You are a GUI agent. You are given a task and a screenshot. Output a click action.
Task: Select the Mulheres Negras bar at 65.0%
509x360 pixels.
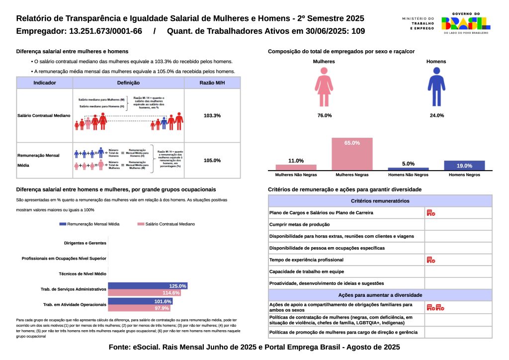(352, 154)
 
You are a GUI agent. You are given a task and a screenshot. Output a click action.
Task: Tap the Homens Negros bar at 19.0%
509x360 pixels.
(464, 166)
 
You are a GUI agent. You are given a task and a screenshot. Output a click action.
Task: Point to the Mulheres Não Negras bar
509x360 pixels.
(296, 167)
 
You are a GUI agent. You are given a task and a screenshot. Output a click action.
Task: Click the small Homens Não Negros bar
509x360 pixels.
(408, 169)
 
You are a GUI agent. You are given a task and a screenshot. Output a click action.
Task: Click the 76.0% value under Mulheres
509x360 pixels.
(324, 115)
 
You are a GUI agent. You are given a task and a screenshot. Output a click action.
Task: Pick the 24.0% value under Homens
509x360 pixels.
(436, 115)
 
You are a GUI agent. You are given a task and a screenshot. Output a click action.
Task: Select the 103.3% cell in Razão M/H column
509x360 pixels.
(212, 115)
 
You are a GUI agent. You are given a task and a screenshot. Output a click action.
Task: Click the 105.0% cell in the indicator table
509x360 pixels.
(212, 161)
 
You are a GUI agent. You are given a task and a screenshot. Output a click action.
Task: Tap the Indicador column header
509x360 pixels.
(44, 83)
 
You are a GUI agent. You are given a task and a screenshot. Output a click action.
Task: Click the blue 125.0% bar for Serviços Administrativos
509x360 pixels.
(148, 286)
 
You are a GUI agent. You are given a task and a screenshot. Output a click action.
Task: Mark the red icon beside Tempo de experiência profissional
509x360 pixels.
(430, 260)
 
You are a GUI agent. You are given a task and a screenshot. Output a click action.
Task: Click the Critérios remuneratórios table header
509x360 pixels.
(380, 201)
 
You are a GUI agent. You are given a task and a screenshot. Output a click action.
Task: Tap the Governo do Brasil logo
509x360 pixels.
(466, 23)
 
